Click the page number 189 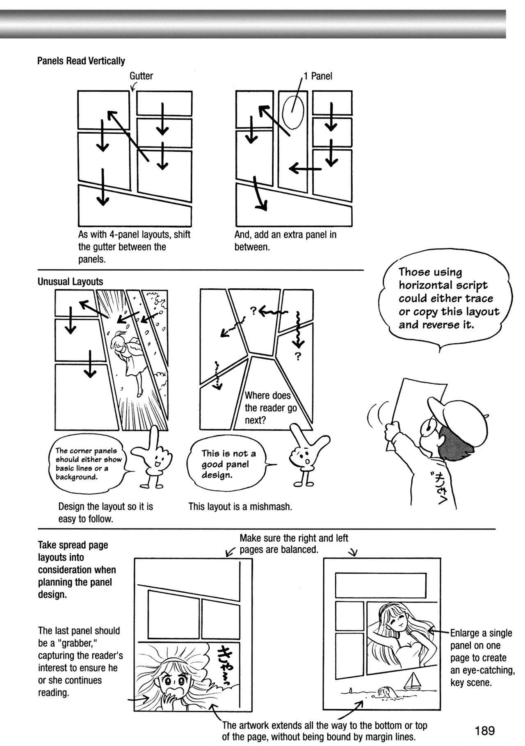point(485,730)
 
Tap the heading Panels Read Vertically point(81,61)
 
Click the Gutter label point(141,76)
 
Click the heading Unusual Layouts point(70,282)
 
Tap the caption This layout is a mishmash point(240,506)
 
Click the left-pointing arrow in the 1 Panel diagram point(304,168)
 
